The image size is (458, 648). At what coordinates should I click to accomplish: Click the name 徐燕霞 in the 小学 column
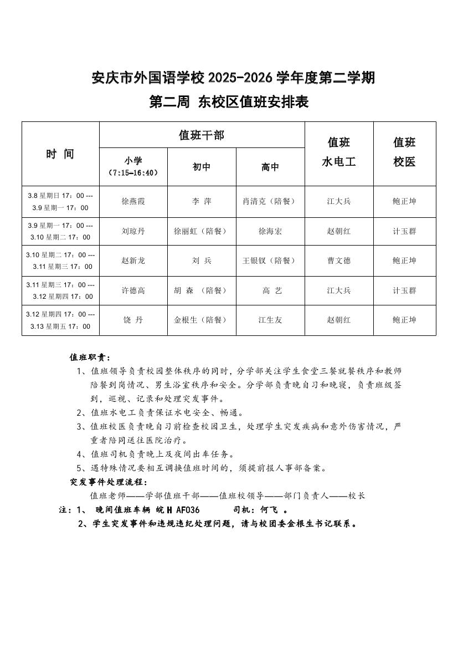(x=133, y=201)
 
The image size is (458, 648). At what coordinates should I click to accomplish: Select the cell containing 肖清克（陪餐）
(x=270, y=201)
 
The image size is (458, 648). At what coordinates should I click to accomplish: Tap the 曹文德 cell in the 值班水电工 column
(x=338, y=261)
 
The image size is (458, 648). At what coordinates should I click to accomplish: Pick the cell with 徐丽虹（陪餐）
(x=202, y=231)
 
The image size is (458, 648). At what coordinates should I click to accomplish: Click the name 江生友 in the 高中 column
(x=270, y=320)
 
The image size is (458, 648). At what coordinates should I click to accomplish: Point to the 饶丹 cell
(x=133, y=320)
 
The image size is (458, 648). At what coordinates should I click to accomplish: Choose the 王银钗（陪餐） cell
(x=270, y=261)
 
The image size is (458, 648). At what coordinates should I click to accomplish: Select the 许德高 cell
(x=133, y=290)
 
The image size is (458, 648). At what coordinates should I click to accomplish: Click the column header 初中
(x=202, y=167)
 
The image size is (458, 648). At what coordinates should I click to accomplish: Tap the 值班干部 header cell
(x=202, y=135)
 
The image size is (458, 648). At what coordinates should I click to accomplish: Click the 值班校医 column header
(x=404, y=152)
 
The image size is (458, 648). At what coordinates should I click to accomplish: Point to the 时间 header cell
(x=60, y=154)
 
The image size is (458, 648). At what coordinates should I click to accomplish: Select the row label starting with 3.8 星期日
(x=60, y=201)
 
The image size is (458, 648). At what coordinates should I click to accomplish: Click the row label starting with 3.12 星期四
(x=60, y=320)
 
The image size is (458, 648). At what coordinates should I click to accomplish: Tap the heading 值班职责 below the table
(x=90, y=357)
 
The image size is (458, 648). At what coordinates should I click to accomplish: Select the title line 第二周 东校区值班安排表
(x=229, y=102)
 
